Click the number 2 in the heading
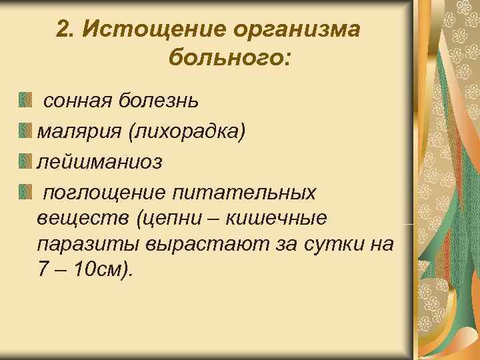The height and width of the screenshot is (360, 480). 63,29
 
